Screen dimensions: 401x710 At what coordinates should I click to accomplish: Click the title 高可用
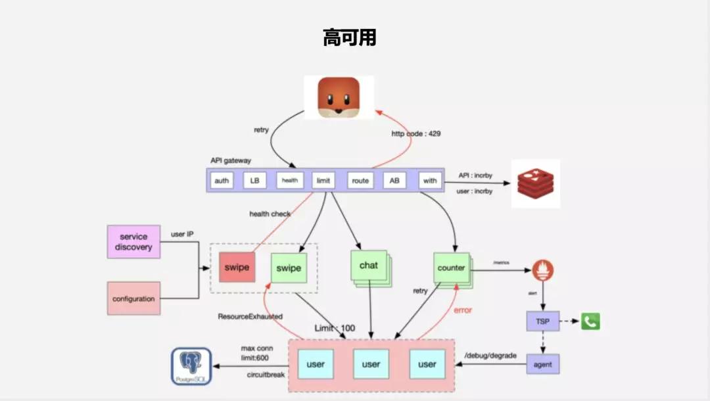point(350,37)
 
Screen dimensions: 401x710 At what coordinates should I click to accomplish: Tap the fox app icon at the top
point(339,97)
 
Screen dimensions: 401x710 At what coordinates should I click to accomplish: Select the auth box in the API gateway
point(222,181)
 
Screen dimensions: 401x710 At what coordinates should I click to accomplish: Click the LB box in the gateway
point(254,181)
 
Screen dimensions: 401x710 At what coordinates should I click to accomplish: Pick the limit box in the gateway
point(323,181)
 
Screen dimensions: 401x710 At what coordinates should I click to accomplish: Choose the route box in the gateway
point(360,181)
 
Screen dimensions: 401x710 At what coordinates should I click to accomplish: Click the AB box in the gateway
point(394,181)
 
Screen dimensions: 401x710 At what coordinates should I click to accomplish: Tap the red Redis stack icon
point(536,183)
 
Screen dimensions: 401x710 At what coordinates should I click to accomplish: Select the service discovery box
point(133,242)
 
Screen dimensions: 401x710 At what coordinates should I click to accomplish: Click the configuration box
point(133,298)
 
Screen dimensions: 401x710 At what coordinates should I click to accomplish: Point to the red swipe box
point(236,268)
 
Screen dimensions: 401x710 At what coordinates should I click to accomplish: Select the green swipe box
point(289,268)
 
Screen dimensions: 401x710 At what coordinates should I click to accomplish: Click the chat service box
point(368,266)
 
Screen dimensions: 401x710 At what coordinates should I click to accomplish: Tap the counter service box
point(451,268)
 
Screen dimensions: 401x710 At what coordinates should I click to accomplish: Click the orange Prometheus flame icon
point(543,270)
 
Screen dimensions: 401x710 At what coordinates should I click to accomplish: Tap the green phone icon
point(590,321)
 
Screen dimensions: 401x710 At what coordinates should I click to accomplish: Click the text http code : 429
point(416,133)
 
